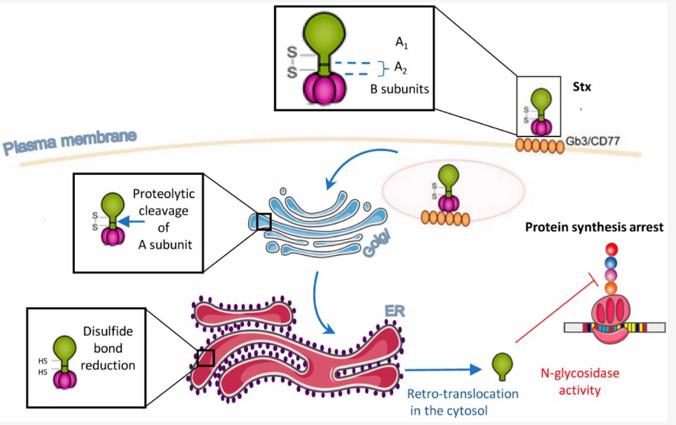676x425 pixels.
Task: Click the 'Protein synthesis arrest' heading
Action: coord(594,228)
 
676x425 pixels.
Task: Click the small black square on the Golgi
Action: coord(264,222)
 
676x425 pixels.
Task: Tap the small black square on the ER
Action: coord(206,358)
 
